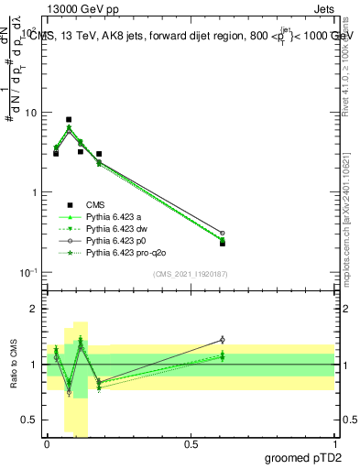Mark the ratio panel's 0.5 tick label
click(31, 420)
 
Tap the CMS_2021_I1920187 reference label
click(191, 274)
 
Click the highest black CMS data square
click(69, 120)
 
